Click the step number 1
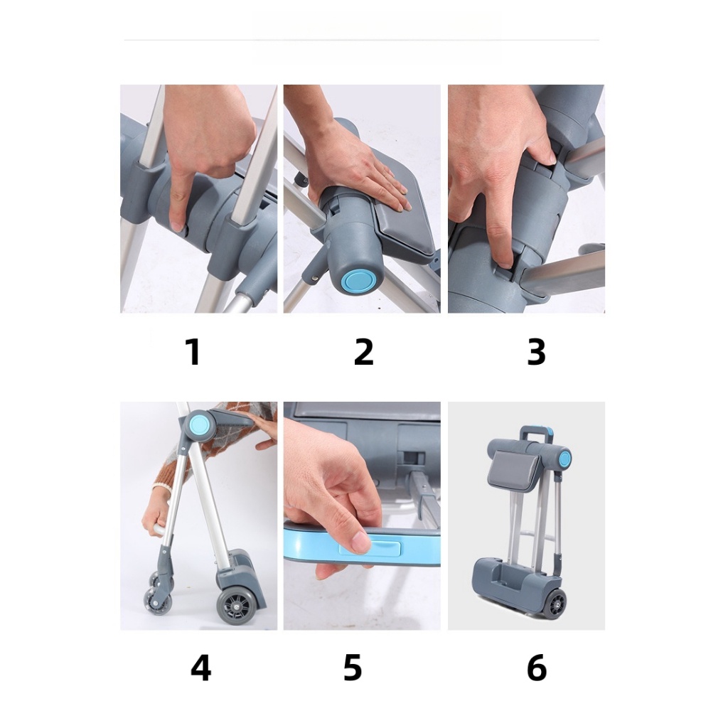click(x=193, y=351)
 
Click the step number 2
click(x=363, y=351)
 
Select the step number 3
click(x=536, y=351)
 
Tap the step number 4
click(x=200, y=668)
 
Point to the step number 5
click(x=353, y=668)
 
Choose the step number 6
click(x=537, y=668)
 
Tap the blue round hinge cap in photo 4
click(x=200, y=424)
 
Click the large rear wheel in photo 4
click(x=236, y=606)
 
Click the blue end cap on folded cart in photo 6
click(x=565, y=459)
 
